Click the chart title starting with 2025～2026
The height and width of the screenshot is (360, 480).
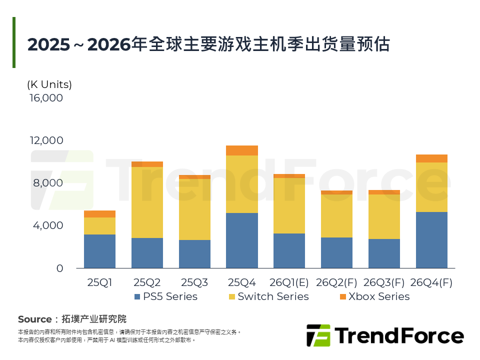(208, 44)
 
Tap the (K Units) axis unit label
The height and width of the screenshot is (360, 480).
(49, 84)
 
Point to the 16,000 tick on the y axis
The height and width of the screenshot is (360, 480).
(46, 98)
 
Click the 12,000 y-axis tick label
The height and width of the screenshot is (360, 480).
(46, 140)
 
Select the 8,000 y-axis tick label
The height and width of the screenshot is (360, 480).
(48, 183)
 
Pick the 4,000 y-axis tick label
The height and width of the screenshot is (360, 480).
(48, 225)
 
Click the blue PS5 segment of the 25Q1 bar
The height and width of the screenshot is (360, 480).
(99, 251)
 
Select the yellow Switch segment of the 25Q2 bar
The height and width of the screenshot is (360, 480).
(147, 202)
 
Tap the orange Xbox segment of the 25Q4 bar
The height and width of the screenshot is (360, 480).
(242, 150)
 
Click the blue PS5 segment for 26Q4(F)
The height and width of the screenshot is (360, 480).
(431, 240)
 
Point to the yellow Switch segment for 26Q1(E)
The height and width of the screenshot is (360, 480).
(289, 205)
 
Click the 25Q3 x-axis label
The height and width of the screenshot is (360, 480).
(194, 282)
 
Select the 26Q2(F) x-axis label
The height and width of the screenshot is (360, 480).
(337, 282)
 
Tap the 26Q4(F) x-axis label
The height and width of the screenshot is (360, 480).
(431, 282)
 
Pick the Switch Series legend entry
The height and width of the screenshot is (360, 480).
(268, 296)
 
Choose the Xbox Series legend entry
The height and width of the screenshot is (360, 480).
(374, 296)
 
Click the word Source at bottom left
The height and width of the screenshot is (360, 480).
(34, 319)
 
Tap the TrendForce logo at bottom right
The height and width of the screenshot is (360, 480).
(385, 335)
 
